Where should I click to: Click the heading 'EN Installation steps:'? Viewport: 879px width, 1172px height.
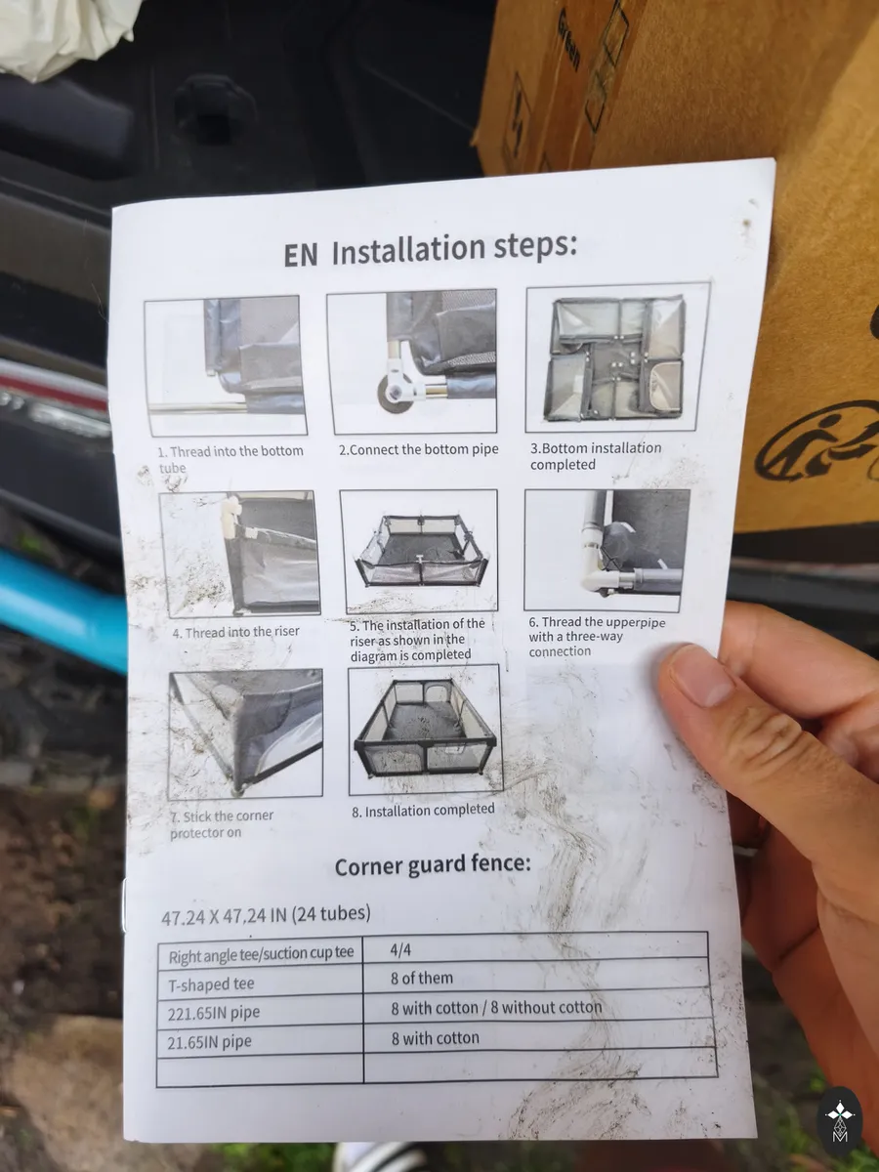430,250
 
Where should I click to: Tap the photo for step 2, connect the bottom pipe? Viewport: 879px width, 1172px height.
412,361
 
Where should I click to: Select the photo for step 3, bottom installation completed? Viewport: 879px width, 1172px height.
617,357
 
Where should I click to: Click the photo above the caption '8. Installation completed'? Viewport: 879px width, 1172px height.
426,730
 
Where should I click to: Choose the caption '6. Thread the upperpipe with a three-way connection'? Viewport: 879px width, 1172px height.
597,637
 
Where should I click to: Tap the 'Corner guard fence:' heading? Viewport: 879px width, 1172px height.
433,864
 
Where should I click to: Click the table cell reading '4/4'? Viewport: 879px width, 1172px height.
400,949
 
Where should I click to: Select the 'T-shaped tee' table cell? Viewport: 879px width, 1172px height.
211,984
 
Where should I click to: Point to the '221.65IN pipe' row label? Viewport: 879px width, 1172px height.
214,1013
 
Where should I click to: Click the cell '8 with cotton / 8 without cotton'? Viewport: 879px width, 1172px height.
496,1008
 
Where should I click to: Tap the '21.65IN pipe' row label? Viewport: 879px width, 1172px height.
209,1042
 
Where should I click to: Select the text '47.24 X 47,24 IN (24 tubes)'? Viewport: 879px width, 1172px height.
266,915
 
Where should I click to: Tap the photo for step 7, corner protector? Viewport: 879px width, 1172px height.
246,734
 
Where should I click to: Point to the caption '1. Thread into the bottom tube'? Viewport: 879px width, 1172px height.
230,459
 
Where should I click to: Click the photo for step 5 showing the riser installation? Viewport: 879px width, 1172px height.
419,551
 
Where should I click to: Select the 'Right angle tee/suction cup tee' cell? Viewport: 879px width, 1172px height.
261,954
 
